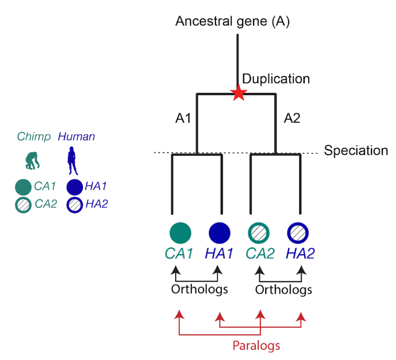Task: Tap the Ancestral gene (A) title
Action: (x=232, y=21)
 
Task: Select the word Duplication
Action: (x=276, y=79)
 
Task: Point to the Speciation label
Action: (x=356, y=151)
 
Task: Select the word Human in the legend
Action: (x=76, y=137)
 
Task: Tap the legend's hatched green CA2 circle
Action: (x=23, y=205)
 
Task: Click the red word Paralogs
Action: (x=257, y=345)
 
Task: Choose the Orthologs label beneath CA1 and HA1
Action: (x=199, y=289)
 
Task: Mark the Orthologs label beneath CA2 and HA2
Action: (x=284, y=289)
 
